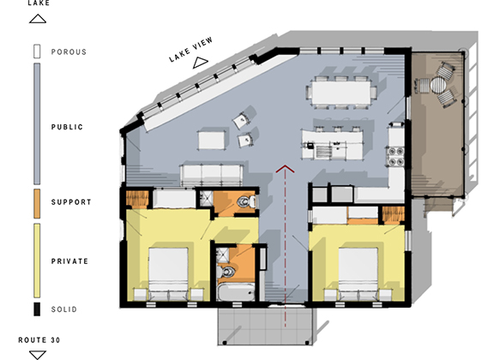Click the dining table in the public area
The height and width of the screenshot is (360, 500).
pos(341,93)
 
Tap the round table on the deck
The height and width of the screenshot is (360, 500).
pos(437,85)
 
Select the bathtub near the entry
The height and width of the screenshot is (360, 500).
pos(237,292)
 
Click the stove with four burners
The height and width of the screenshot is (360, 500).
pos(395,156)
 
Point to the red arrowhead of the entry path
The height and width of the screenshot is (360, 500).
pos(285,169)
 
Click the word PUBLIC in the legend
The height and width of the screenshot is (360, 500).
pos(67,127)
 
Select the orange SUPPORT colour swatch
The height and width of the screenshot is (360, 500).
pos(37,204)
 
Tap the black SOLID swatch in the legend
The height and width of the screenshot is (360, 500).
pos(37,309)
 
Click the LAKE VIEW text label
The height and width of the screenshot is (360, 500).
pos(190,50)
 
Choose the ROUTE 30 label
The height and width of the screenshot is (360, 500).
pos(39,340)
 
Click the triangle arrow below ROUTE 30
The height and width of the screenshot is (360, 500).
pos(38,355)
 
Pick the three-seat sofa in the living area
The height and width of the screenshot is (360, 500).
pos(212,175)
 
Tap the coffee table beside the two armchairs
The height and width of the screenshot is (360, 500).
pos(211,140)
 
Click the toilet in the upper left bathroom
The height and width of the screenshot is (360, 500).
pos(247,201)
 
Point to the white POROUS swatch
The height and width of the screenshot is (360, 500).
pos(37,51)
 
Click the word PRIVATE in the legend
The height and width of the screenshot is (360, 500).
pos(69,261)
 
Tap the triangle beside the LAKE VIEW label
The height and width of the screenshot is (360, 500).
pos(200,63)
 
